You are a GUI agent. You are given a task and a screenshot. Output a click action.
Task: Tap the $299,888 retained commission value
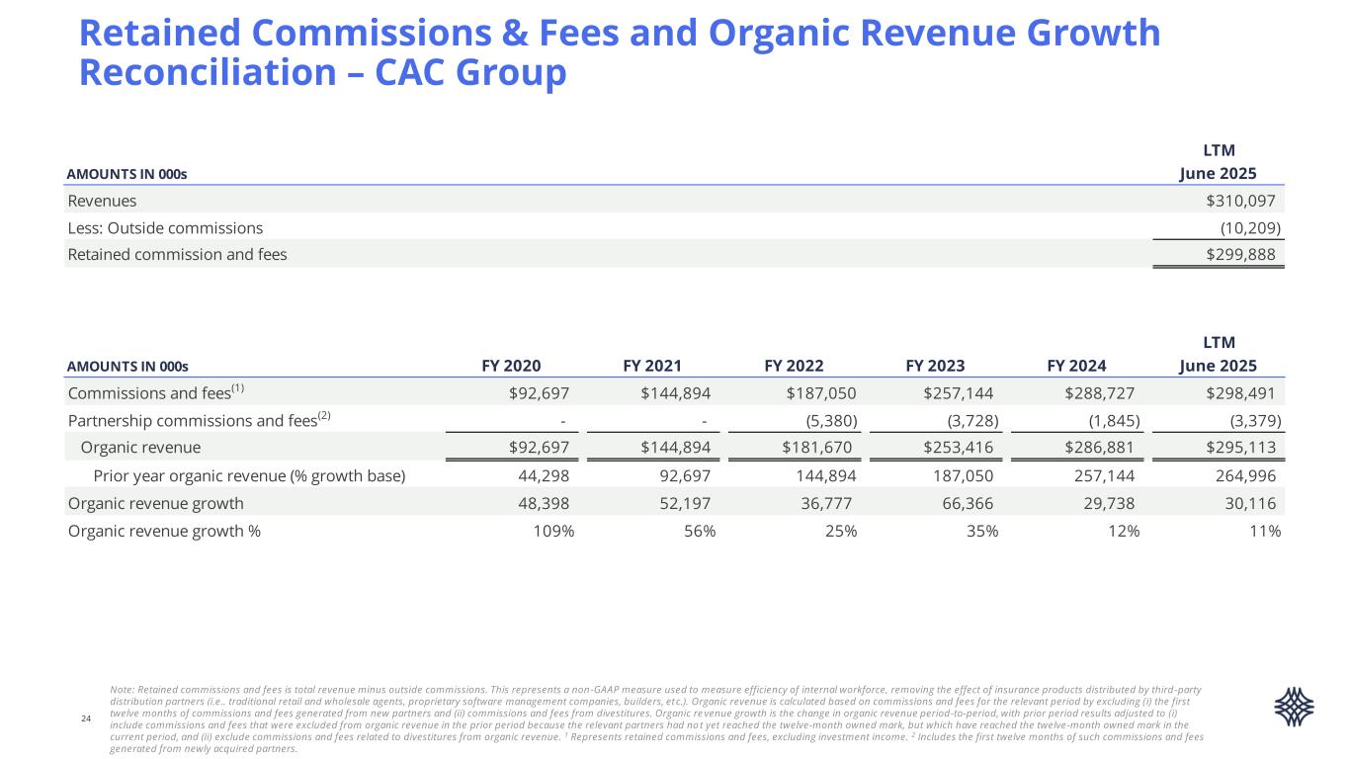coord(1240,255)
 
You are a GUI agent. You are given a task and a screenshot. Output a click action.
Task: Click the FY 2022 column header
coord(794,365)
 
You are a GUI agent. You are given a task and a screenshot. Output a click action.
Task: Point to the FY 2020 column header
coord(511,365)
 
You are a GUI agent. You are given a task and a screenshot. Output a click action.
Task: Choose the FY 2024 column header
coord(1076,365)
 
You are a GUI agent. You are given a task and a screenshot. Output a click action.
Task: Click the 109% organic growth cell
coord(553,532)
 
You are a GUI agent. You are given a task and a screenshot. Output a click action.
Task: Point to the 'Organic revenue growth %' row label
coord(164,532)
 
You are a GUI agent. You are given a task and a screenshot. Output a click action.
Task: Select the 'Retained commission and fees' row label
coord(177,255)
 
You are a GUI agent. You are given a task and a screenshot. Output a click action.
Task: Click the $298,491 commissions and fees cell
coord(1240,392)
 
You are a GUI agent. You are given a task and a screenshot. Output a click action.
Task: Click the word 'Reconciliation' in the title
coord(198,74)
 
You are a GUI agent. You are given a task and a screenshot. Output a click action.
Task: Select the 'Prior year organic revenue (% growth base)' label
coord(249,476)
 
